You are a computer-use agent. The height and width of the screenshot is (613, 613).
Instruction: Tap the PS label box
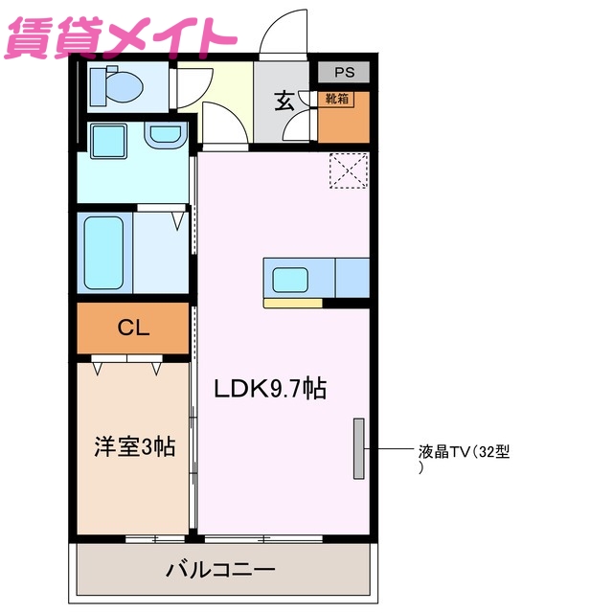pos(343,72)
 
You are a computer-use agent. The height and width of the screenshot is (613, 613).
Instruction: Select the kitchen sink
pos(293,280)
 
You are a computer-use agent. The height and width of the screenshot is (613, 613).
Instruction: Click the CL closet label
pos(133,328)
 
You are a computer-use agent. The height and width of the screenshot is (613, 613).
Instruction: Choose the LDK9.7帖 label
pos(270,389)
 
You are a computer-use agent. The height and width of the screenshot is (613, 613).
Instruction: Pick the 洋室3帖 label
pos(134,445)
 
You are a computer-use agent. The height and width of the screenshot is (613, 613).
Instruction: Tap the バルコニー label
pos(221,570)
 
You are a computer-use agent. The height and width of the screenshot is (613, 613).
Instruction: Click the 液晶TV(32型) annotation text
pos(464,451)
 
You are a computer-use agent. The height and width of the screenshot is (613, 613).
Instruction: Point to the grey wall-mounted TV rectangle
pos(359,448)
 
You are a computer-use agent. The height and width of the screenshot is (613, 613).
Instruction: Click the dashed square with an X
pos(349,172)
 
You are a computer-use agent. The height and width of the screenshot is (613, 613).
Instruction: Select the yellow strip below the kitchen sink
pos(293,304)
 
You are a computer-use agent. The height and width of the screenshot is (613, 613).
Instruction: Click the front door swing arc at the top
pos(284,29)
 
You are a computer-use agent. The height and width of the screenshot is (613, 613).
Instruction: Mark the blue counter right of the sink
pos(352,278)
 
